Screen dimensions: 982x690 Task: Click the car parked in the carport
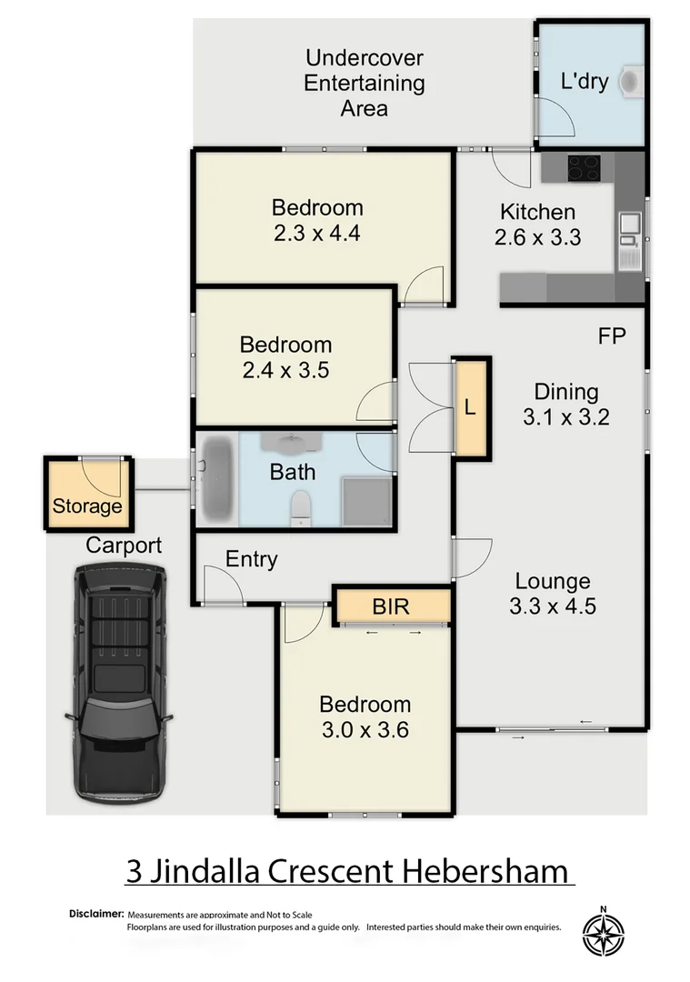(122, 682)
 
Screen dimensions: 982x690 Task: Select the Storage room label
(87, 506)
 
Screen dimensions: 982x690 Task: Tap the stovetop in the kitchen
(585, 168)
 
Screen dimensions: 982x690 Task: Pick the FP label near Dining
(612, 336)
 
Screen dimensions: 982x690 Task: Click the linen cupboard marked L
(470, 408)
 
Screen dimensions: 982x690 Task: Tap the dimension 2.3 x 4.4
(317, 233)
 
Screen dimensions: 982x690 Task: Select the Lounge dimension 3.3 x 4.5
(553, 606)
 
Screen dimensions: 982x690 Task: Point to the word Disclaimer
(95, 912)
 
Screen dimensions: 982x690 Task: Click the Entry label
(252, 559)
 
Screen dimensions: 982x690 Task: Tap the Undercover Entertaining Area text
(364, 84)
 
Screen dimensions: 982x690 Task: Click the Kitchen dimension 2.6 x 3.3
(537, 238)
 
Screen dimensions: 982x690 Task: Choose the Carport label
(124, 546)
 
